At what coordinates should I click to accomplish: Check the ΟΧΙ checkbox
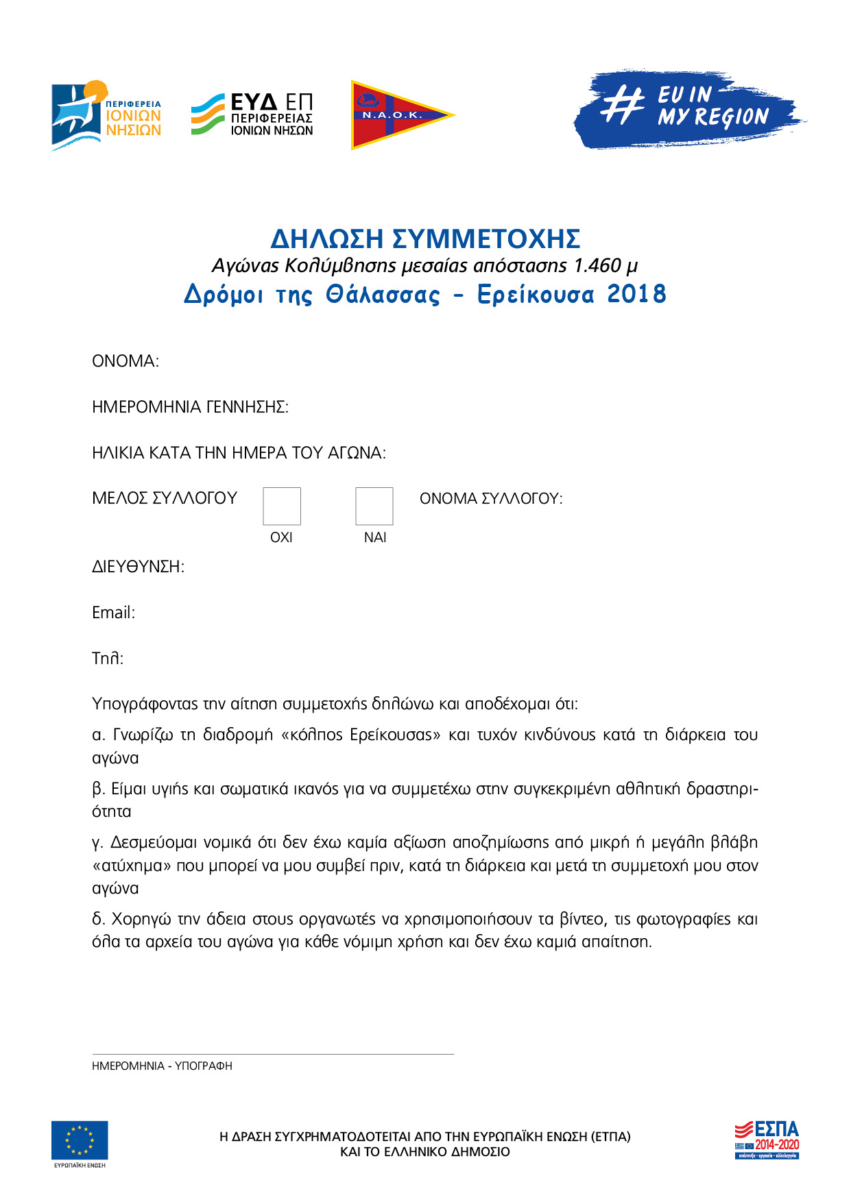tap(282, 506)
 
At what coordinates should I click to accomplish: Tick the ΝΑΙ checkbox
tap(374, 506)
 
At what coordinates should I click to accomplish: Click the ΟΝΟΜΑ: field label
tap(125, 361)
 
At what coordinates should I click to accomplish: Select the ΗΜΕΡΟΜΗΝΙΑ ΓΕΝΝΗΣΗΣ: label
tap(190, 407)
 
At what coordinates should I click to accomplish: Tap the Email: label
tap(114, 613)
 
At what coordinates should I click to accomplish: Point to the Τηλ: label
tap(108, 659)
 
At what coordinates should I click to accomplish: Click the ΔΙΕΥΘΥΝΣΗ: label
tap(138, 567)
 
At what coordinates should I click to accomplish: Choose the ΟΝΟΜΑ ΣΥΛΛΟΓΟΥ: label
tap(491, 499)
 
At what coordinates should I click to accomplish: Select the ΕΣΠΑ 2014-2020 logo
tap(767, 1140)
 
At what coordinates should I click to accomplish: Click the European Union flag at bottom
tap(80, 1140)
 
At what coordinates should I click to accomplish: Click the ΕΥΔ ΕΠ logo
tap(252, 114)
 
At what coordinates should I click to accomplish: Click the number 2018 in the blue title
tap(637, 294)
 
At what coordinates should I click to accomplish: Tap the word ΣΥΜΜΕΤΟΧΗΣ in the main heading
tap(486, 238)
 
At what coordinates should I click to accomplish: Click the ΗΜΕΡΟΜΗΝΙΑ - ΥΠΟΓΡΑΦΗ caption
tap(162, 1066)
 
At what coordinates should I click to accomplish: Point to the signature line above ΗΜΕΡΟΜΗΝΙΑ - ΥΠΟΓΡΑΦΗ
tap(273, 1054)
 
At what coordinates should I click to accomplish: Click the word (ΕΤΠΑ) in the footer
tap(610, 1136)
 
